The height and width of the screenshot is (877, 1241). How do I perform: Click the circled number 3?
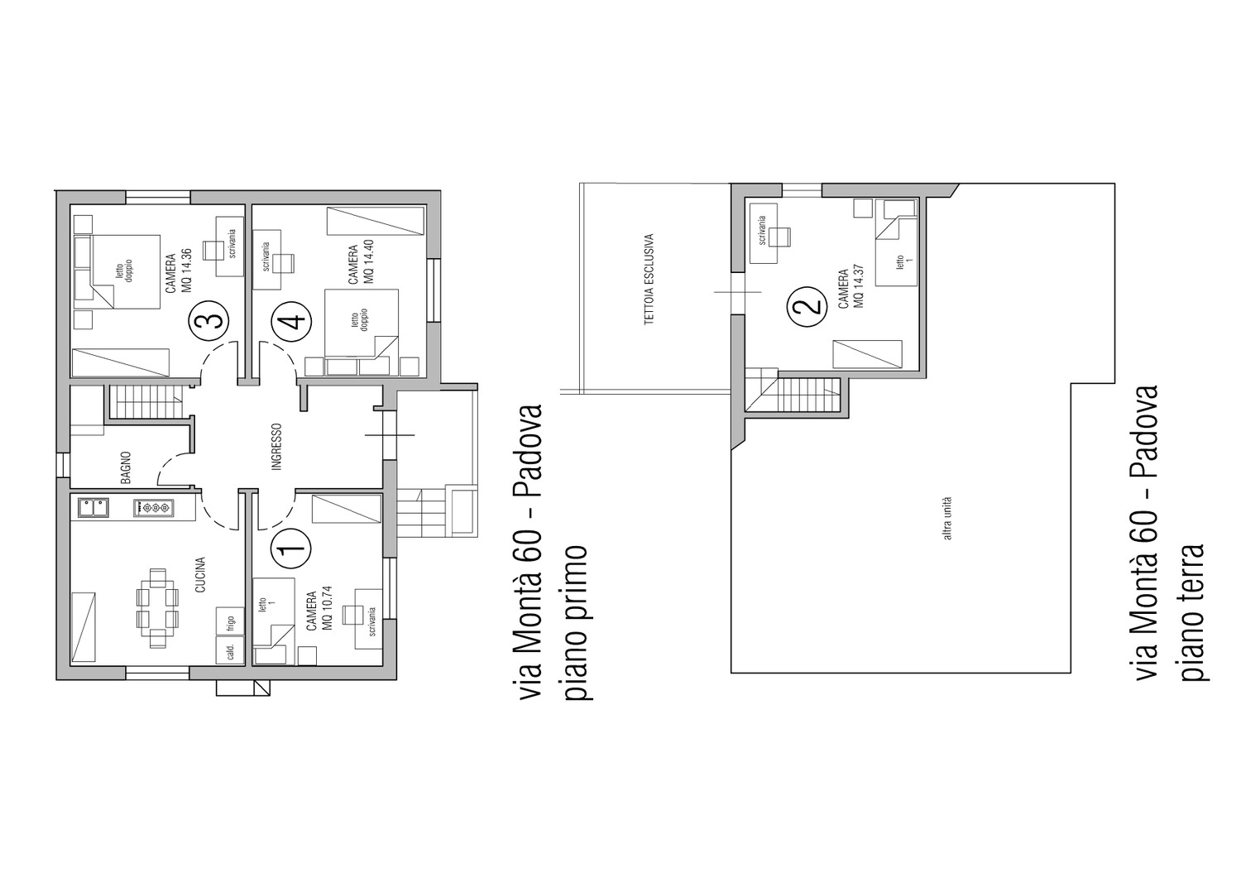pos(208,320)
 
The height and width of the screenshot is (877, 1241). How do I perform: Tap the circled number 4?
pos(291,321)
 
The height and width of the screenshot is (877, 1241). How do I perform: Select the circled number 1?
pos(291,549)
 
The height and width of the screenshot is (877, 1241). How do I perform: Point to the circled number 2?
pos(807,307)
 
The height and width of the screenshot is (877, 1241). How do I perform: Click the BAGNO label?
pos(127,467)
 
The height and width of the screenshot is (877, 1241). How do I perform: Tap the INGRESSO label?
pos(277,447)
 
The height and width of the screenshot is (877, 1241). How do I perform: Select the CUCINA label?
pos(200,574)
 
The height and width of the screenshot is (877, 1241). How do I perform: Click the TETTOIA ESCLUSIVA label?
pos(649,279)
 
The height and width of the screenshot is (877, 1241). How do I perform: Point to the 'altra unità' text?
pos(948,517)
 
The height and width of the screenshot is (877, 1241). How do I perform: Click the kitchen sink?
pos(93,508)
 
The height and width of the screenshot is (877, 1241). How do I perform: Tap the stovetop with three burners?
pos(153,508)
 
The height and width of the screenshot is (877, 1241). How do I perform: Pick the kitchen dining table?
pos(157,608)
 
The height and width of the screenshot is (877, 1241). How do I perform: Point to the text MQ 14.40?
pos(370,261)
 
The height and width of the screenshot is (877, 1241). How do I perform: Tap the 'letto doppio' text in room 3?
pos(124,271)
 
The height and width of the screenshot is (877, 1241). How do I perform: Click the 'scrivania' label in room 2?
pos(763,231)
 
